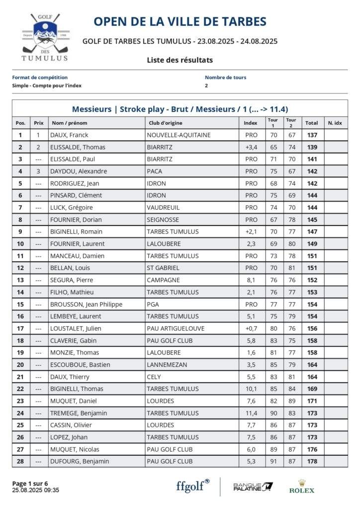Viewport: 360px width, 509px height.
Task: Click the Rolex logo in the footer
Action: click(302, 487)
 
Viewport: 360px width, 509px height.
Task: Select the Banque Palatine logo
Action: click(253, 487)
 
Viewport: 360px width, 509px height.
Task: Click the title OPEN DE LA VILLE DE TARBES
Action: click(180, 21)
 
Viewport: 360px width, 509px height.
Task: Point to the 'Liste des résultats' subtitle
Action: click(180, 60)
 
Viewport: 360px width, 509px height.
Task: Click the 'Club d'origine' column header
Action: click(165, 123)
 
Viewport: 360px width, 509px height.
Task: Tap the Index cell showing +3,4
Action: click(252, 147)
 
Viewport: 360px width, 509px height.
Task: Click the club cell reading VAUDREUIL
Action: click(163, 207)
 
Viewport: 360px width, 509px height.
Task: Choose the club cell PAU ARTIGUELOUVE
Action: click(176, 328)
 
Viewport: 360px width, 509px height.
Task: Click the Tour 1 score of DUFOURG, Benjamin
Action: click(273, 461)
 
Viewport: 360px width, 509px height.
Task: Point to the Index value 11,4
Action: click(252, 413)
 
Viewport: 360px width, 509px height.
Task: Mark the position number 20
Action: click(20, 364)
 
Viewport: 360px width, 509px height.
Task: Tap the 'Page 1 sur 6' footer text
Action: click(30, 483)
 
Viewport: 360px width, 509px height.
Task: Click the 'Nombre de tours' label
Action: click(225, 78)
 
